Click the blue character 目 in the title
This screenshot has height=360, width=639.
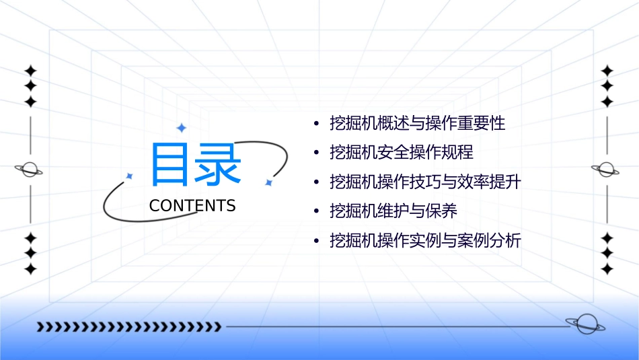pyautogui.click(x=171, y=164)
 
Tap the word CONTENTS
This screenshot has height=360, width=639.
pyautogui.click(x=192, y=206)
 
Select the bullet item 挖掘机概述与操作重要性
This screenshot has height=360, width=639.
pyautogui.click(x=417, y=123)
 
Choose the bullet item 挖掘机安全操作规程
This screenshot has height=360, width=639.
pyautogui.click(x=402, y=153)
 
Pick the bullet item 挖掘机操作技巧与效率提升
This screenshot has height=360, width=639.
pyautogui.click(x=425, y=182)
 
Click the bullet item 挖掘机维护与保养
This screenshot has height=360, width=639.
pyautogui.click(x=393, y=211)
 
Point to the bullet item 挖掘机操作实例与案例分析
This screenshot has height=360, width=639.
pyautogui.click(x=425, y=240)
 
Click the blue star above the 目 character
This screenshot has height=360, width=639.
pyautogui.click(x=180, y=128)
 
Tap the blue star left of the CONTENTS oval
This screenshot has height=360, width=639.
pyautogui.click(x=130, y=176)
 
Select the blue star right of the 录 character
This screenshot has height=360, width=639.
pyautogui.click(x=268, y=182)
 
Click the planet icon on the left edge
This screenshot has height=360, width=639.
pyautogui.click(x=29, y=170)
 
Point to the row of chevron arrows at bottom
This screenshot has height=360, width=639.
pyautogui.click(x=128, y=327)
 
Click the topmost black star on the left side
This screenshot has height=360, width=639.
pyautogui.click(x=30, y=70)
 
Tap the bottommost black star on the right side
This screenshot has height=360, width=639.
pyautogui.click(x=607, y=269)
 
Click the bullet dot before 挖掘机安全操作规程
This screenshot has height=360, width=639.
pyautogui.click(x=316, y=153)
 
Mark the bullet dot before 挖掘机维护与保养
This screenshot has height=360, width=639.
pyautogui.click(x=316, y=212)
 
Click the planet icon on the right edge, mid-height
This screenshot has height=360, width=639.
pyautogui.click(x=606, y=170)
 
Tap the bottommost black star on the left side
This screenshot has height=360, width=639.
pyautogui.click(x=30, y=269)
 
